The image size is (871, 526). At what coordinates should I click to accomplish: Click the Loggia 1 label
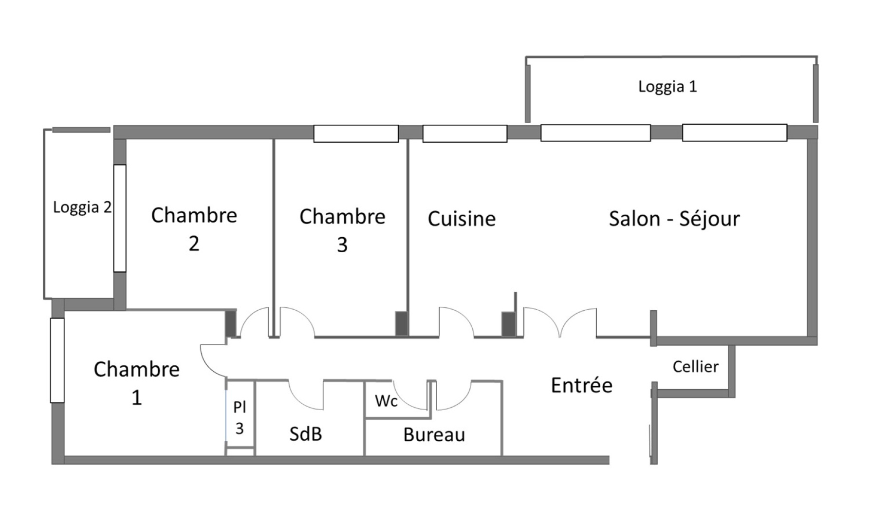pos(667,87)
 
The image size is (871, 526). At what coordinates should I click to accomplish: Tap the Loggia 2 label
pos(82,207)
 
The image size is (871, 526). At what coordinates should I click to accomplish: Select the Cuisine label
pos(462,219)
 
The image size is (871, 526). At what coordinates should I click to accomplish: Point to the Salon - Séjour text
pos(674,219)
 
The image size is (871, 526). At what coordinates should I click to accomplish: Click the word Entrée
pos(581,385)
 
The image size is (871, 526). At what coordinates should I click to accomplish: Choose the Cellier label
pos(695,367)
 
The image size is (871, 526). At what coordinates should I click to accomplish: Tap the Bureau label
pos(434,434)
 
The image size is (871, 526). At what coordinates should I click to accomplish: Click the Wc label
pos(386,401)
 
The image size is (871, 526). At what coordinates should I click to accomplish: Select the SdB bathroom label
pos(306,433)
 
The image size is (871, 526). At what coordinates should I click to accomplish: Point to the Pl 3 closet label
pos(239,417)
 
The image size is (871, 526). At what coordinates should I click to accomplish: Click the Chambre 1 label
pos(136,383)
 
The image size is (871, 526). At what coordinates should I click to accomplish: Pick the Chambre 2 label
pos(194,229)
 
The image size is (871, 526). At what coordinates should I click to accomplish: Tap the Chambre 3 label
pos(342,230)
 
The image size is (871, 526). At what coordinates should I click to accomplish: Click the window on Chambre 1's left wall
pos(57,360)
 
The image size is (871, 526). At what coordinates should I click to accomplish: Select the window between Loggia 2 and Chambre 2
pos(120,218)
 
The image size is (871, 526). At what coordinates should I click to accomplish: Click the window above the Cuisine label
pos(464,133)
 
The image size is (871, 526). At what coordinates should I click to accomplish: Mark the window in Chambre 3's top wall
pos(356,133)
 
